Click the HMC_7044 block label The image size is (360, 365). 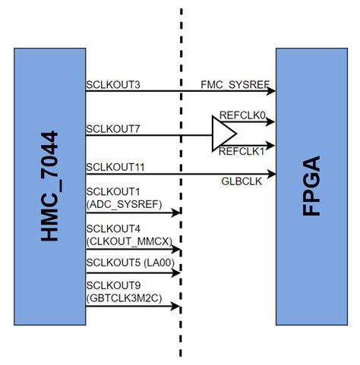[x=49, y=186]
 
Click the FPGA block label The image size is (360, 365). [x=311, y=186]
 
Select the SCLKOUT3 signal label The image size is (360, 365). [x=114, y=83]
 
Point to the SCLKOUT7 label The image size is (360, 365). [x=114, y=128]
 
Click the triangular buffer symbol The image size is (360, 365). [x=223, y=136]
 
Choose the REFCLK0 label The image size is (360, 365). [x=239, y=115]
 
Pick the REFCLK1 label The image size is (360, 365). [x=239, y=152]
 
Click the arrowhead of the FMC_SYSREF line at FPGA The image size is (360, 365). [x=271, y=91]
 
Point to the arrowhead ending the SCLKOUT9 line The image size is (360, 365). [x=177, y=307]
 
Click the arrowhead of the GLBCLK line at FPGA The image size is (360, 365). [x=271, y=174]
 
